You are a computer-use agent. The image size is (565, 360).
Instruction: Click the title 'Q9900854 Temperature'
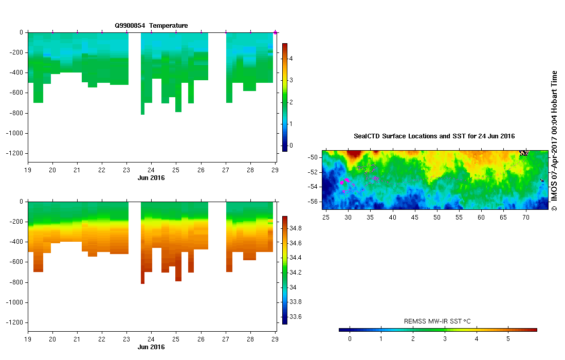coord(151,25)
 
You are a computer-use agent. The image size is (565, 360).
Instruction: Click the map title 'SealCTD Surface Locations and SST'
coord(434,136)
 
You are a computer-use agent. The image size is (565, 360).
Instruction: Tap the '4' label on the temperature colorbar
coord(290,59)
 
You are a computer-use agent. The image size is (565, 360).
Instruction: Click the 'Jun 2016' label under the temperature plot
coord(151,178)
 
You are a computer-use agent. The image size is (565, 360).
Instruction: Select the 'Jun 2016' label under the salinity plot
coord(151,347)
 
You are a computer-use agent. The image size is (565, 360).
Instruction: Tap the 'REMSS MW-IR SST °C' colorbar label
coord(438,321)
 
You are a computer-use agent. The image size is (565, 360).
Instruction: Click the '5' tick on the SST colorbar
coord(508,338)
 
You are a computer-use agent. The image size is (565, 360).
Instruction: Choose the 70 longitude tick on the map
coord(526,218)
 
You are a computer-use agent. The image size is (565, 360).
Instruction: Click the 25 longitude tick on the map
coord(326,218)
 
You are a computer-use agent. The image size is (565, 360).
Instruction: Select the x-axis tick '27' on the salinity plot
coord(226,339)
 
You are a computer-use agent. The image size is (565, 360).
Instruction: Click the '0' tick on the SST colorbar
coord(350,338)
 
